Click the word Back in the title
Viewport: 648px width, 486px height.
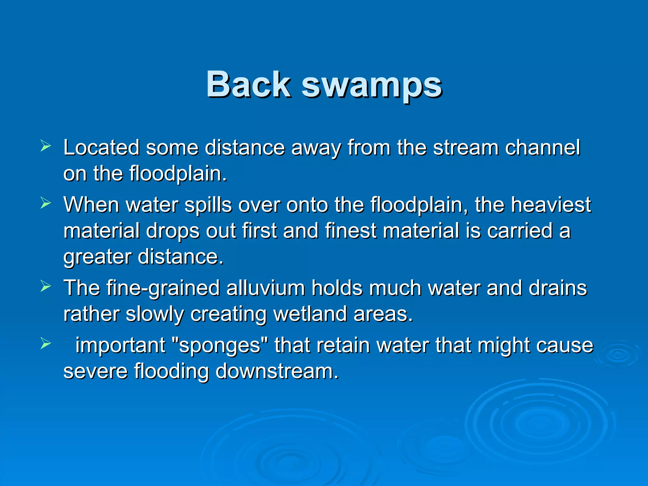248,85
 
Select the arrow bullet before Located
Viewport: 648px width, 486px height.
46,146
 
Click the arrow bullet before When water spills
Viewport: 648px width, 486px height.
46,203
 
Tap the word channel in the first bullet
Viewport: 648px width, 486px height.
542,147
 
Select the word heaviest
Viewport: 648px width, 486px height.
551,205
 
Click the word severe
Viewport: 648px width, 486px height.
95,371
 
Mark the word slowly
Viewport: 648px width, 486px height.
155,314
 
